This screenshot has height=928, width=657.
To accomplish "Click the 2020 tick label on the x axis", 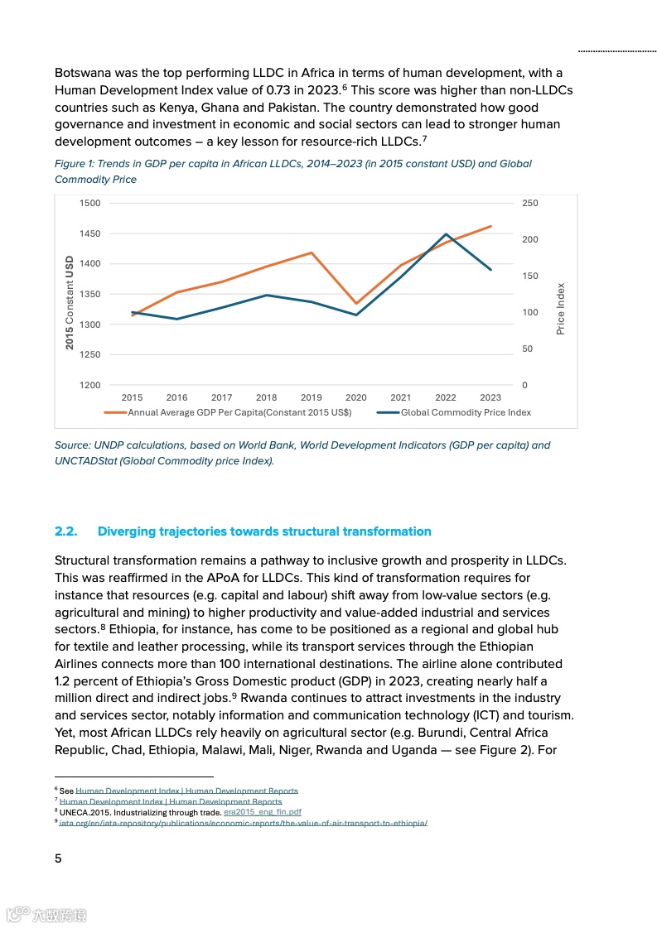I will pyautogui.click(x=355, y=397).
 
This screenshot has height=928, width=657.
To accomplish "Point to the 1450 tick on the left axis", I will pyautogui.click(x=90, y=233).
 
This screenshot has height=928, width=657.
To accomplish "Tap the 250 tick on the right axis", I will pyautogui.click(x=529, y=203).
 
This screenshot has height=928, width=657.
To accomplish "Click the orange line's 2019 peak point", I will pyautogui.click(x=312, y=252).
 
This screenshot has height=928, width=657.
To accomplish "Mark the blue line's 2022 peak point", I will pyautogui.click(x=446, y=234).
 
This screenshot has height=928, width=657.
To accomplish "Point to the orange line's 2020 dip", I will pyautogui.click(x=356, y=304).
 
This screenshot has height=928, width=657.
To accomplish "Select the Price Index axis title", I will pyautogui.click(x=561, y=309).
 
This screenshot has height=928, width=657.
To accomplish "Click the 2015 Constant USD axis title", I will pyautogui.click(x=70, y=302).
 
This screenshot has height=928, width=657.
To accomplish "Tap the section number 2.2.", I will pyautogui.click(x=65, y=531).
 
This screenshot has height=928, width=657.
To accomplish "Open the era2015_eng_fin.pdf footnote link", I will pyautogui.click(x=262, y=812).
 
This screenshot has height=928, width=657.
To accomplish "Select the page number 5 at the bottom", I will pyautogui.click(x=58, y=858).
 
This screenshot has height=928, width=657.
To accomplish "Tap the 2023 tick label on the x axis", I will pyautogui.click(x=490, y=397).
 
